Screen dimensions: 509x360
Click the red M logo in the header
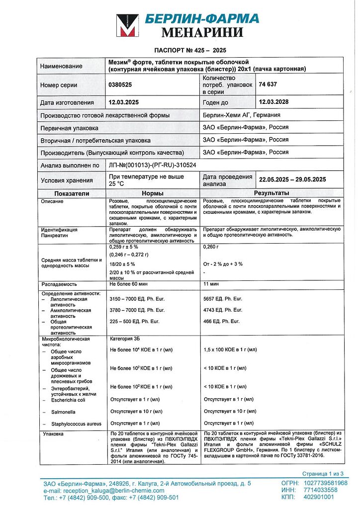point(128,26)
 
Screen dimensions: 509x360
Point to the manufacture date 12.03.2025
point(126,102)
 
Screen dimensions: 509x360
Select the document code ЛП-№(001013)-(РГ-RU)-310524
point(155,165)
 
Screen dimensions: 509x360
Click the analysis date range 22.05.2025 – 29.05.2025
point(292,179)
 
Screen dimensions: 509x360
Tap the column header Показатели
point(72,193)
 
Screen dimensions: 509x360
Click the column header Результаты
point(272,193)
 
